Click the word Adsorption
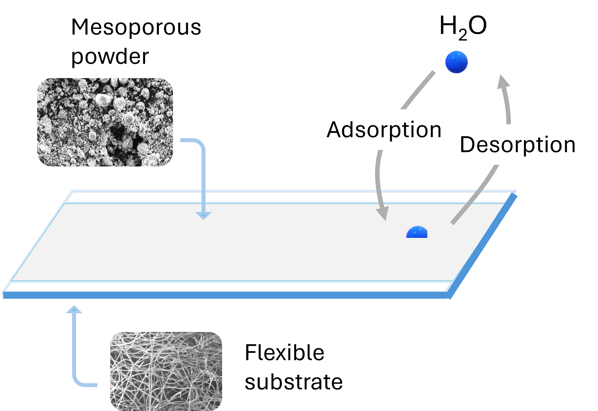(x=384, y=130)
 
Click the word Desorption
(x=518, y=145)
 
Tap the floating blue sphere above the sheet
(x=457, y=62)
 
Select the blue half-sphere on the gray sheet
(x=417, y=233)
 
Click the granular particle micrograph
(x=105, y=122)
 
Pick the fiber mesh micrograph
(x=166, y=371)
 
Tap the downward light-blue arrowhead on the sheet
(x=204, y=216)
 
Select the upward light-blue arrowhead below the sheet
(x=74, y=310)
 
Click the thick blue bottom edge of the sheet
(x=226, y=295)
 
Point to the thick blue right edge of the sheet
(x=483, y=246)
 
